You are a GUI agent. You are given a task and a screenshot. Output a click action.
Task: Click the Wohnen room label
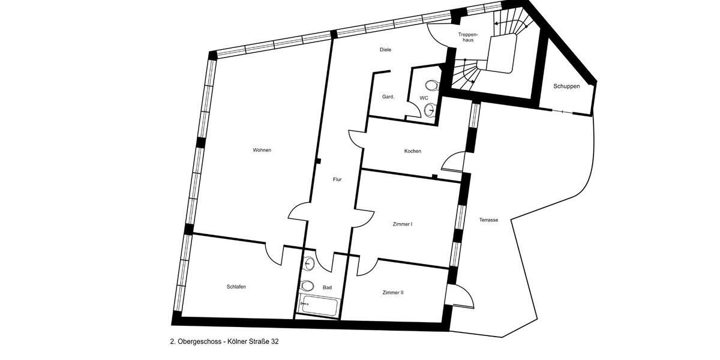pyautogui.click(x=262, y=150)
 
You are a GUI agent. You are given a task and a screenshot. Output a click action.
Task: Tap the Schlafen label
pyautogui.click(x=236, y=287)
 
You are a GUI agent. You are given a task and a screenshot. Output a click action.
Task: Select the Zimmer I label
pyautogui.click(x=402, y=224)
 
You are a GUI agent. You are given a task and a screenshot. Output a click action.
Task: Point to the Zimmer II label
pyautogui.click(x=393, y=293)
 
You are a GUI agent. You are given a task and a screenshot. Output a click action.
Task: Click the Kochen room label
pyautogui.click(x=412, y=151)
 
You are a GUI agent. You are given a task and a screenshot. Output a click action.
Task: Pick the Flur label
pyautogui.click(x=337, y=179)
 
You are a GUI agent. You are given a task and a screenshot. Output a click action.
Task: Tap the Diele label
pyautogui.click(x=385, y=50)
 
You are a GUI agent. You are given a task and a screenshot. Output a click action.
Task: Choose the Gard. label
pyautogui.click(x=388, y=97)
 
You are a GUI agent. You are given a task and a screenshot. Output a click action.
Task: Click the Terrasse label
pyautogui.click(x=488, y=220)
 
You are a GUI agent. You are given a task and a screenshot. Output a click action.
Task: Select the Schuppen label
pyautogui.click(x=566, y=86)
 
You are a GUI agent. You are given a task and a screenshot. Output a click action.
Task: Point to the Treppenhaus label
pyautogui.click(x=467, y=38)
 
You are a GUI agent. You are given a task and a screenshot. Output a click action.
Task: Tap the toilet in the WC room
pyautogui.click(x=430, y=86)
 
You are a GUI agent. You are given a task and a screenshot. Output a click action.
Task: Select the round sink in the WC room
pyautogui.click(x=430, y=109)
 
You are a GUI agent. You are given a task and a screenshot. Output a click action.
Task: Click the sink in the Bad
pyautogui.click(x=308, y=263)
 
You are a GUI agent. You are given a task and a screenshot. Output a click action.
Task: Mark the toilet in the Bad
pyautogui.click(x=307, y=286)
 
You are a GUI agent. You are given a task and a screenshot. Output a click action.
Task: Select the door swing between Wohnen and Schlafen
pyautogui.click(x=275, y=254)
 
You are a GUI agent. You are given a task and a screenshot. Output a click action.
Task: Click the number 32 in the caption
pyautogui.click(x=274, y=341)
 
